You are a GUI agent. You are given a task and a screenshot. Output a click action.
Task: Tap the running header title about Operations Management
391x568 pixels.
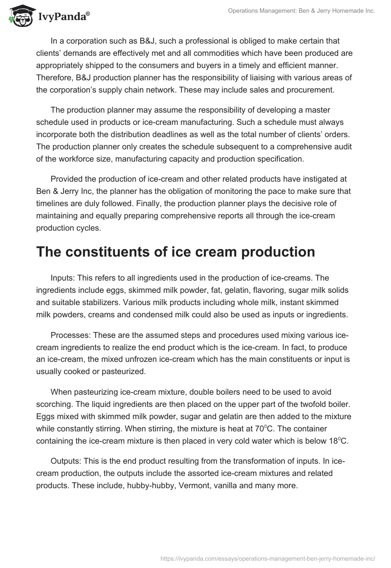[x=302, y=11]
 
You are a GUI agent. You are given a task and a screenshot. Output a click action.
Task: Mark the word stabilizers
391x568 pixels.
[x=106, y=303]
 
